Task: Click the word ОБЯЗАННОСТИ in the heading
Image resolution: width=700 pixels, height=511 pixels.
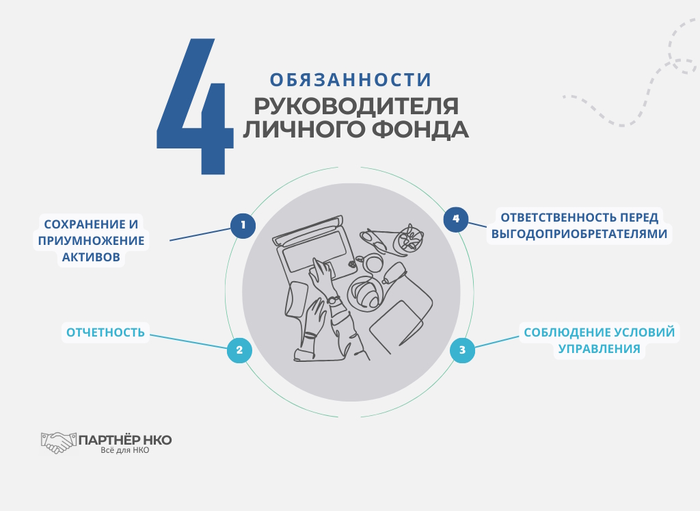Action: point(351,80)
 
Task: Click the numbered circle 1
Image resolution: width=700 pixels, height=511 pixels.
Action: point(243,225)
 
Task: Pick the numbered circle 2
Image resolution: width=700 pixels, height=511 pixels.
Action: point(239,351)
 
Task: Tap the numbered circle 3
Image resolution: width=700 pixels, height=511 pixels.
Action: point(462,351)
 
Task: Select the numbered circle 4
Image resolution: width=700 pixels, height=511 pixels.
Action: point(456,219)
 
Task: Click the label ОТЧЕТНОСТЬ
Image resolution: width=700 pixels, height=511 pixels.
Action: point(105,333)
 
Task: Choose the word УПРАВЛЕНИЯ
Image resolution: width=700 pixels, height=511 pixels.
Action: point(599,349)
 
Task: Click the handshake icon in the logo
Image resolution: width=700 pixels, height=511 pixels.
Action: point(57,441)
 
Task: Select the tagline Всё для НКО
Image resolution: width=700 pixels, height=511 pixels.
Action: point(124,450)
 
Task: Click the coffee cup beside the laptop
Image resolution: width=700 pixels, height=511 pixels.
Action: point(374,263)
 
